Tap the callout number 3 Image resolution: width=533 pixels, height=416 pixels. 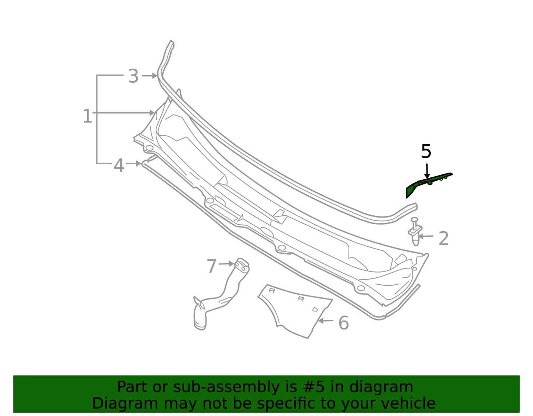point(133,76)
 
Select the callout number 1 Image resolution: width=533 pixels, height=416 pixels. point(87,116)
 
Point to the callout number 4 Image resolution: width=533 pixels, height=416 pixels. point(119,166)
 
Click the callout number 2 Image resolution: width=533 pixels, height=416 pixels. point(443,238)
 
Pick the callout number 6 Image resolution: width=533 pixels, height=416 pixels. point(343,323)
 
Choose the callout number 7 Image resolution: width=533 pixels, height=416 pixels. point(211,266)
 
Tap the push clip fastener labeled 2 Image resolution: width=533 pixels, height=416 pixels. point(415,231)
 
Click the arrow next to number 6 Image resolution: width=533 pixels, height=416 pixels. point(325,320)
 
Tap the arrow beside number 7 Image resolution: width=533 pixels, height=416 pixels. point(226,264)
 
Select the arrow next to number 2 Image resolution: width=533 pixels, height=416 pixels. point(426,236)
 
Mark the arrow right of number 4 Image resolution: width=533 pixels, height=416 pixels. point(134,163)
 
